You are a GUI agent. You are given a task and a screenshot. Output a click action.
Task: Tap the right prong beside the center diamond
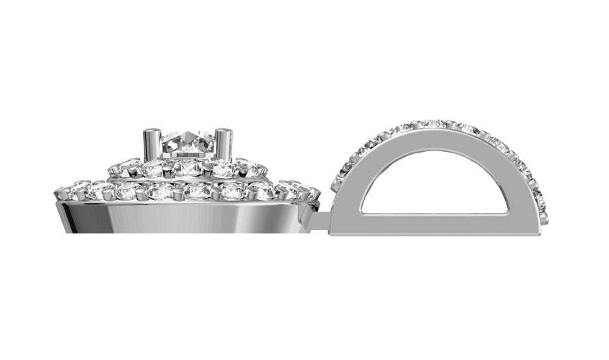tap(224, 145)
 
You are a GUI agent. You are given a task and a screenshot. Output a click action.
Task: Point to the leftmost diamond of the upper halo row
tap(115, 167)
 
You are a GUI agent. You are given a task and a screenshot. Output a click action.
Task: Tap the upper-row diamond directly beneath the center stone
tap(186, 167)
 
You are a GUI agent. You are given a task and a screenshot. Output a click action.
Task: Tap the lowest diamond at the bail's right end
tap(543, 218)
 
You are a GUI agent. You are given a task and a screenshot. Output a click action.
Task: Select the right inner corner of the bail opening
tap(508, 212)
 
